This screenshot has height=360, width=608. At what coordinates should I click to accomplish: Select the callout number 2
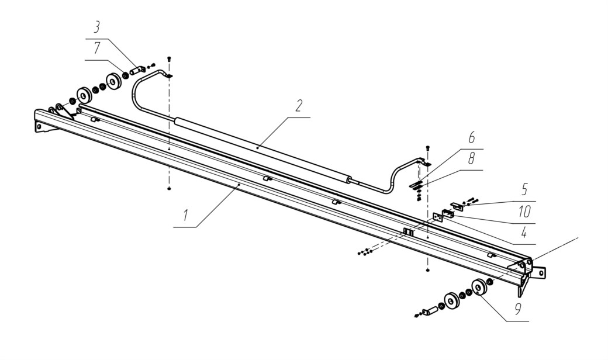pos(298,105)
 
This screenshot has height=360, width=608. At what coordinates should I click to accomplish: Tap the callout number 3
pos(96,27)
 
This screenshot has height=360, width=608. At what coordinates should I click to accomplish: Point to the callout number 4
pos(524,233)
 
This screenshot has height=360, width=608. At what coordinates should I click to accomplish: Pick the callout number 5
pos(524,190)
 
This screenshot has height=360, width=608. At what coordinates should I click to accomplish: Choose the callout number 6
pos(472,137)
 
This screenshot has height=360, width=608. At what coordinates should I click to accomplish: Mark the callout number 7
pos(97,48)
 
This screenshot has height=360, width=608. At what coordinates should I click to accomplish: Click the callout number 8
pos(471,158)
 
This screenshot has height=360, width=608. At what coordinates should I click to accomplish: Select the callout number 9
pos(518,309)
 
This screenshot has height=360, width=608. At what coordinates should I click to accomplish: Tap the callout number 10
pos(524,212)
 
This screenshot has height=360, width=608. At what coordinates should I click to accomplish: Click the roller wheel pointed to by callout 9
pos(479,288)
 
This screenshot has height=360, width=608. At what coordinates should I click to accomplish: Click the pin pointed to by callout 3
pos(137,71)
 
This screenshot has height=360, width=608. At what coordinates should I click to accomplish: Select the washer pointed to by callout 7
pos(126,74)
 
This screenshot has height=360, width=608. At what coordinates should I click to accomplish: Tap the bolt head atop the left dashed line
pos(169,59)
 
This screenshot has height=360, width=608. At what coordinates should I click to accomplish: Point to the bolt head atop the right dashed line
pos(428,147)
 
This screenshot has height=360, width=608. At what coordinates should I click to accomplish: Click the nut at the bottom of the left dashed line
pos(169,188)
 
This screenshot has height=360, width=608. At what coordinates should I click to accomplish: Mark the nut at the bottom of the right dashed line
pos(427,270)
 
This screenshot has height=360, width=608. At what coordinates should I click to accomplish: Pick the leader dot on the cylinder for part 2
pos(258,148)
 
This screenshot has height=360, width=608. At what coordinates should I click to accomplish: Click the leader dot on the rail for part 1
pos(239,185)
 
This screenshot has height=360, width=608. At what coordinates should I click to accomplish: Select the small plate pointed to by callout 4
pos(437,217)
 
